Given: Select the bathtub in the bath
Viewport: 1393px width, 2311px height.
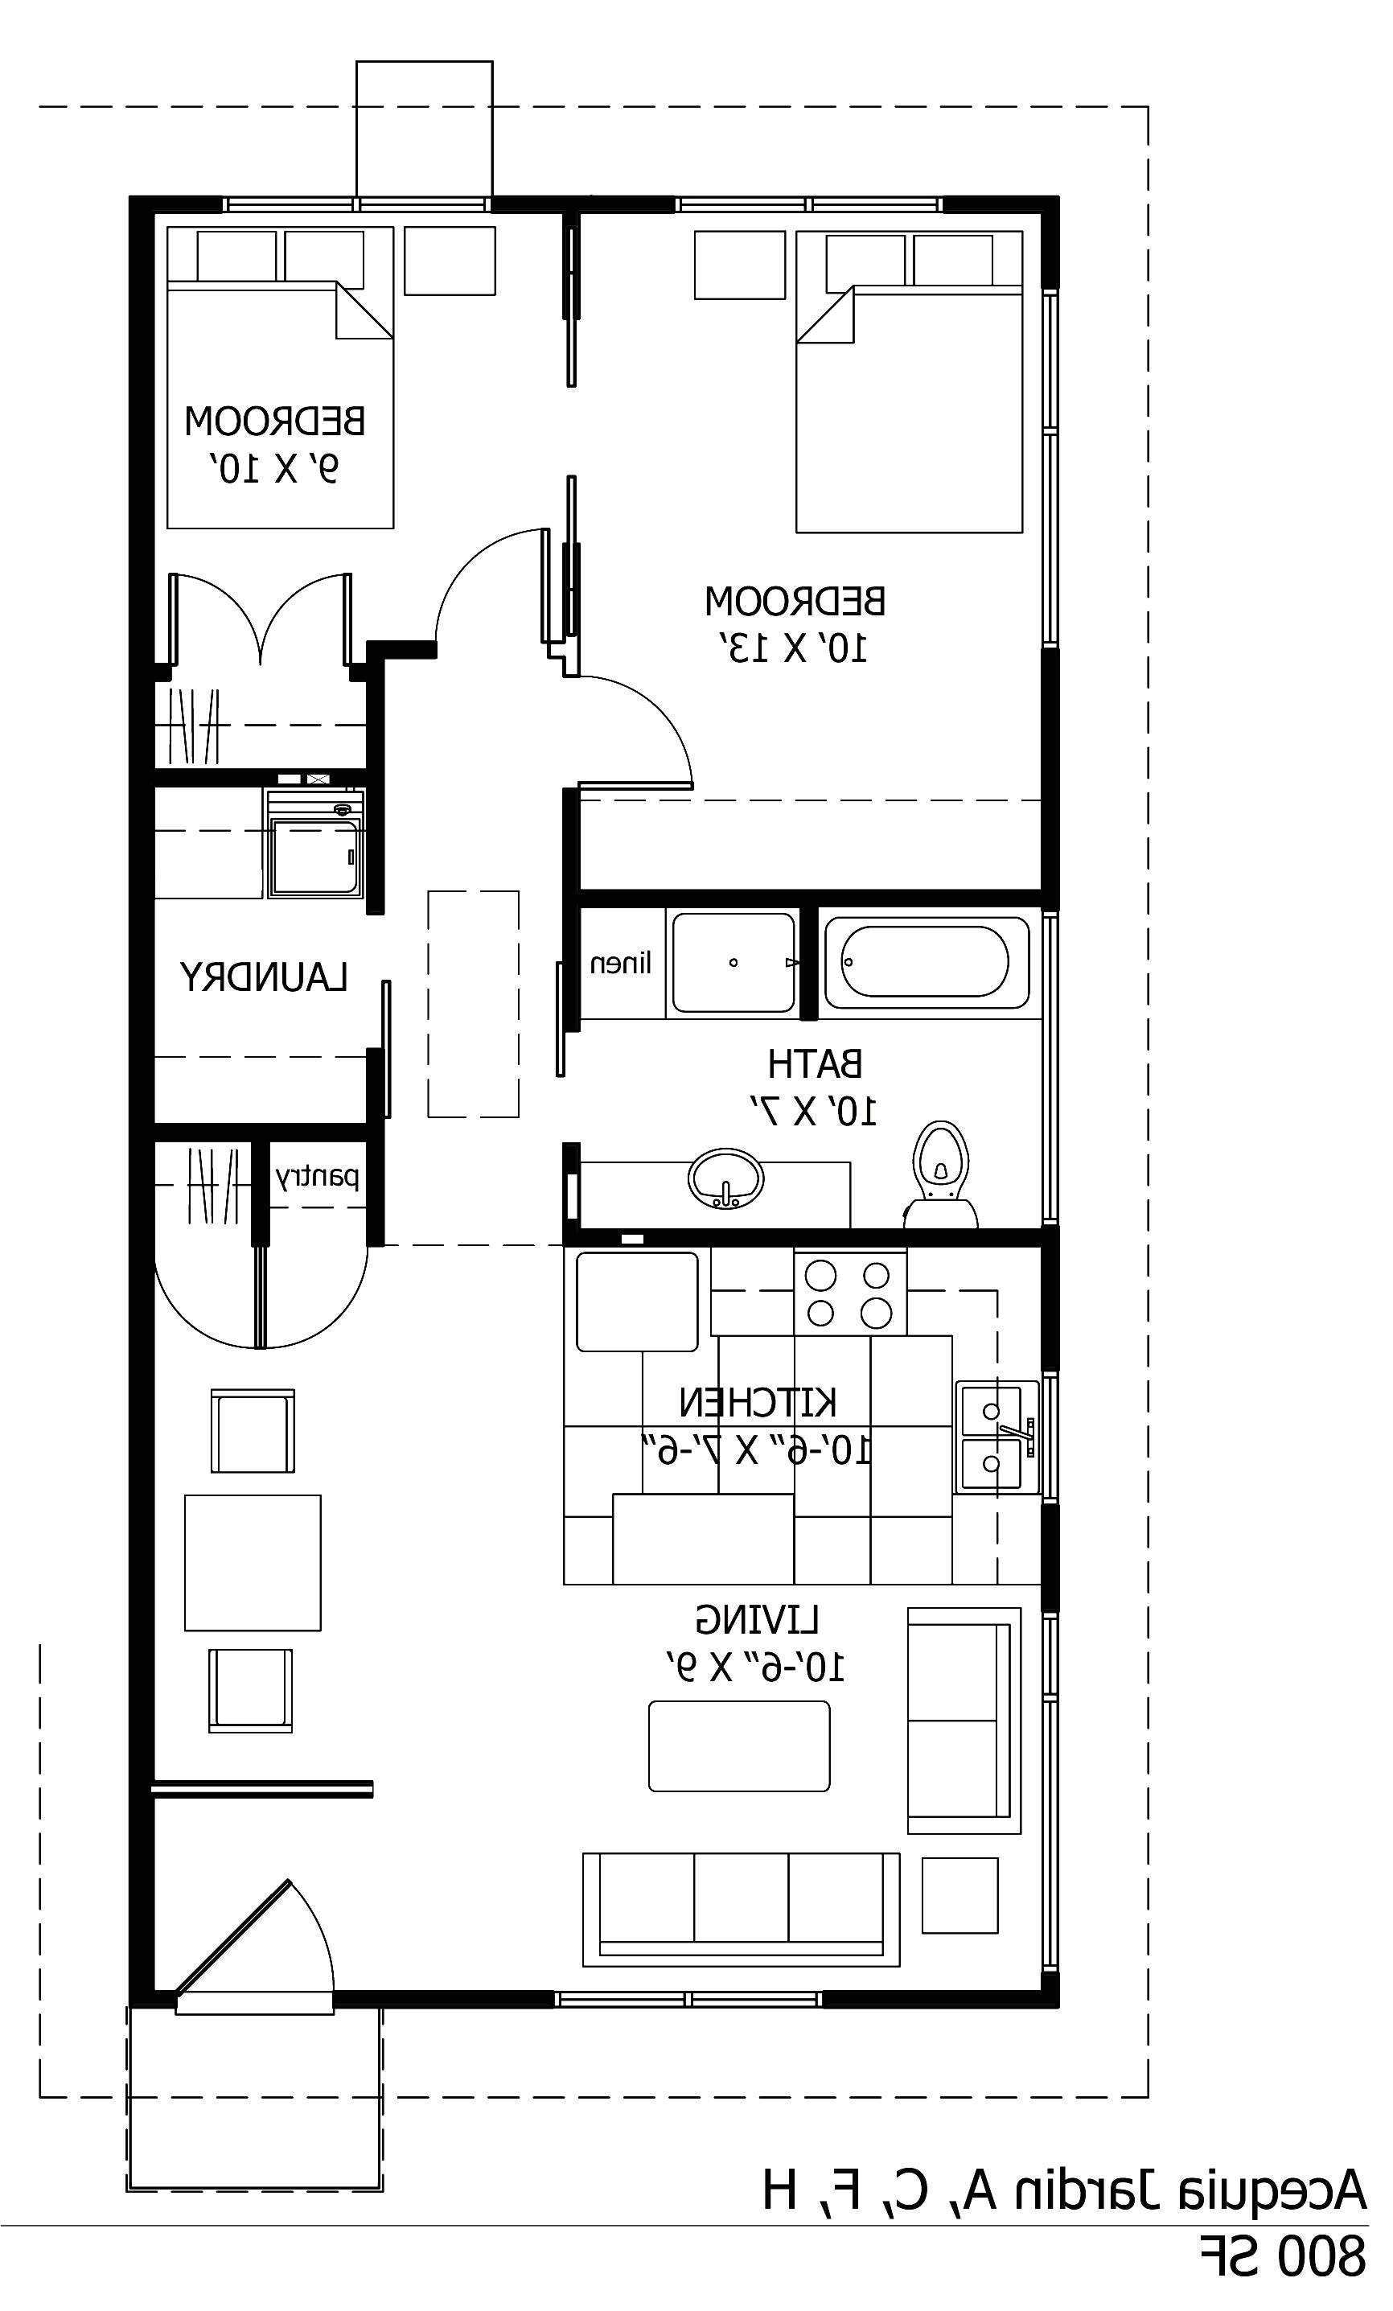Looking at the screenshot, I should (925, 962).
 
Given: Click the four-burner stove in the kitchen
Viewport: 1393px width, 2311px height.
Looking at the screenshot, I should (849, 1293).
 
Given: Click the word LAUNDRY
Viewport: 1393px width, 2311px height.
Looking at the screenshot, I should (265, 978).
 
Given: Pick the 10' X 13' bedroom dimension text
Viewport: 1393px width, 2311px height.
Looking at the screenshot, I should (795, 648).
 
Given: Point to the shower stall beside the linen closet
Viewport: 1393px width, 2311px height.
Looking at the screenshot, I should (733, 962).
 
